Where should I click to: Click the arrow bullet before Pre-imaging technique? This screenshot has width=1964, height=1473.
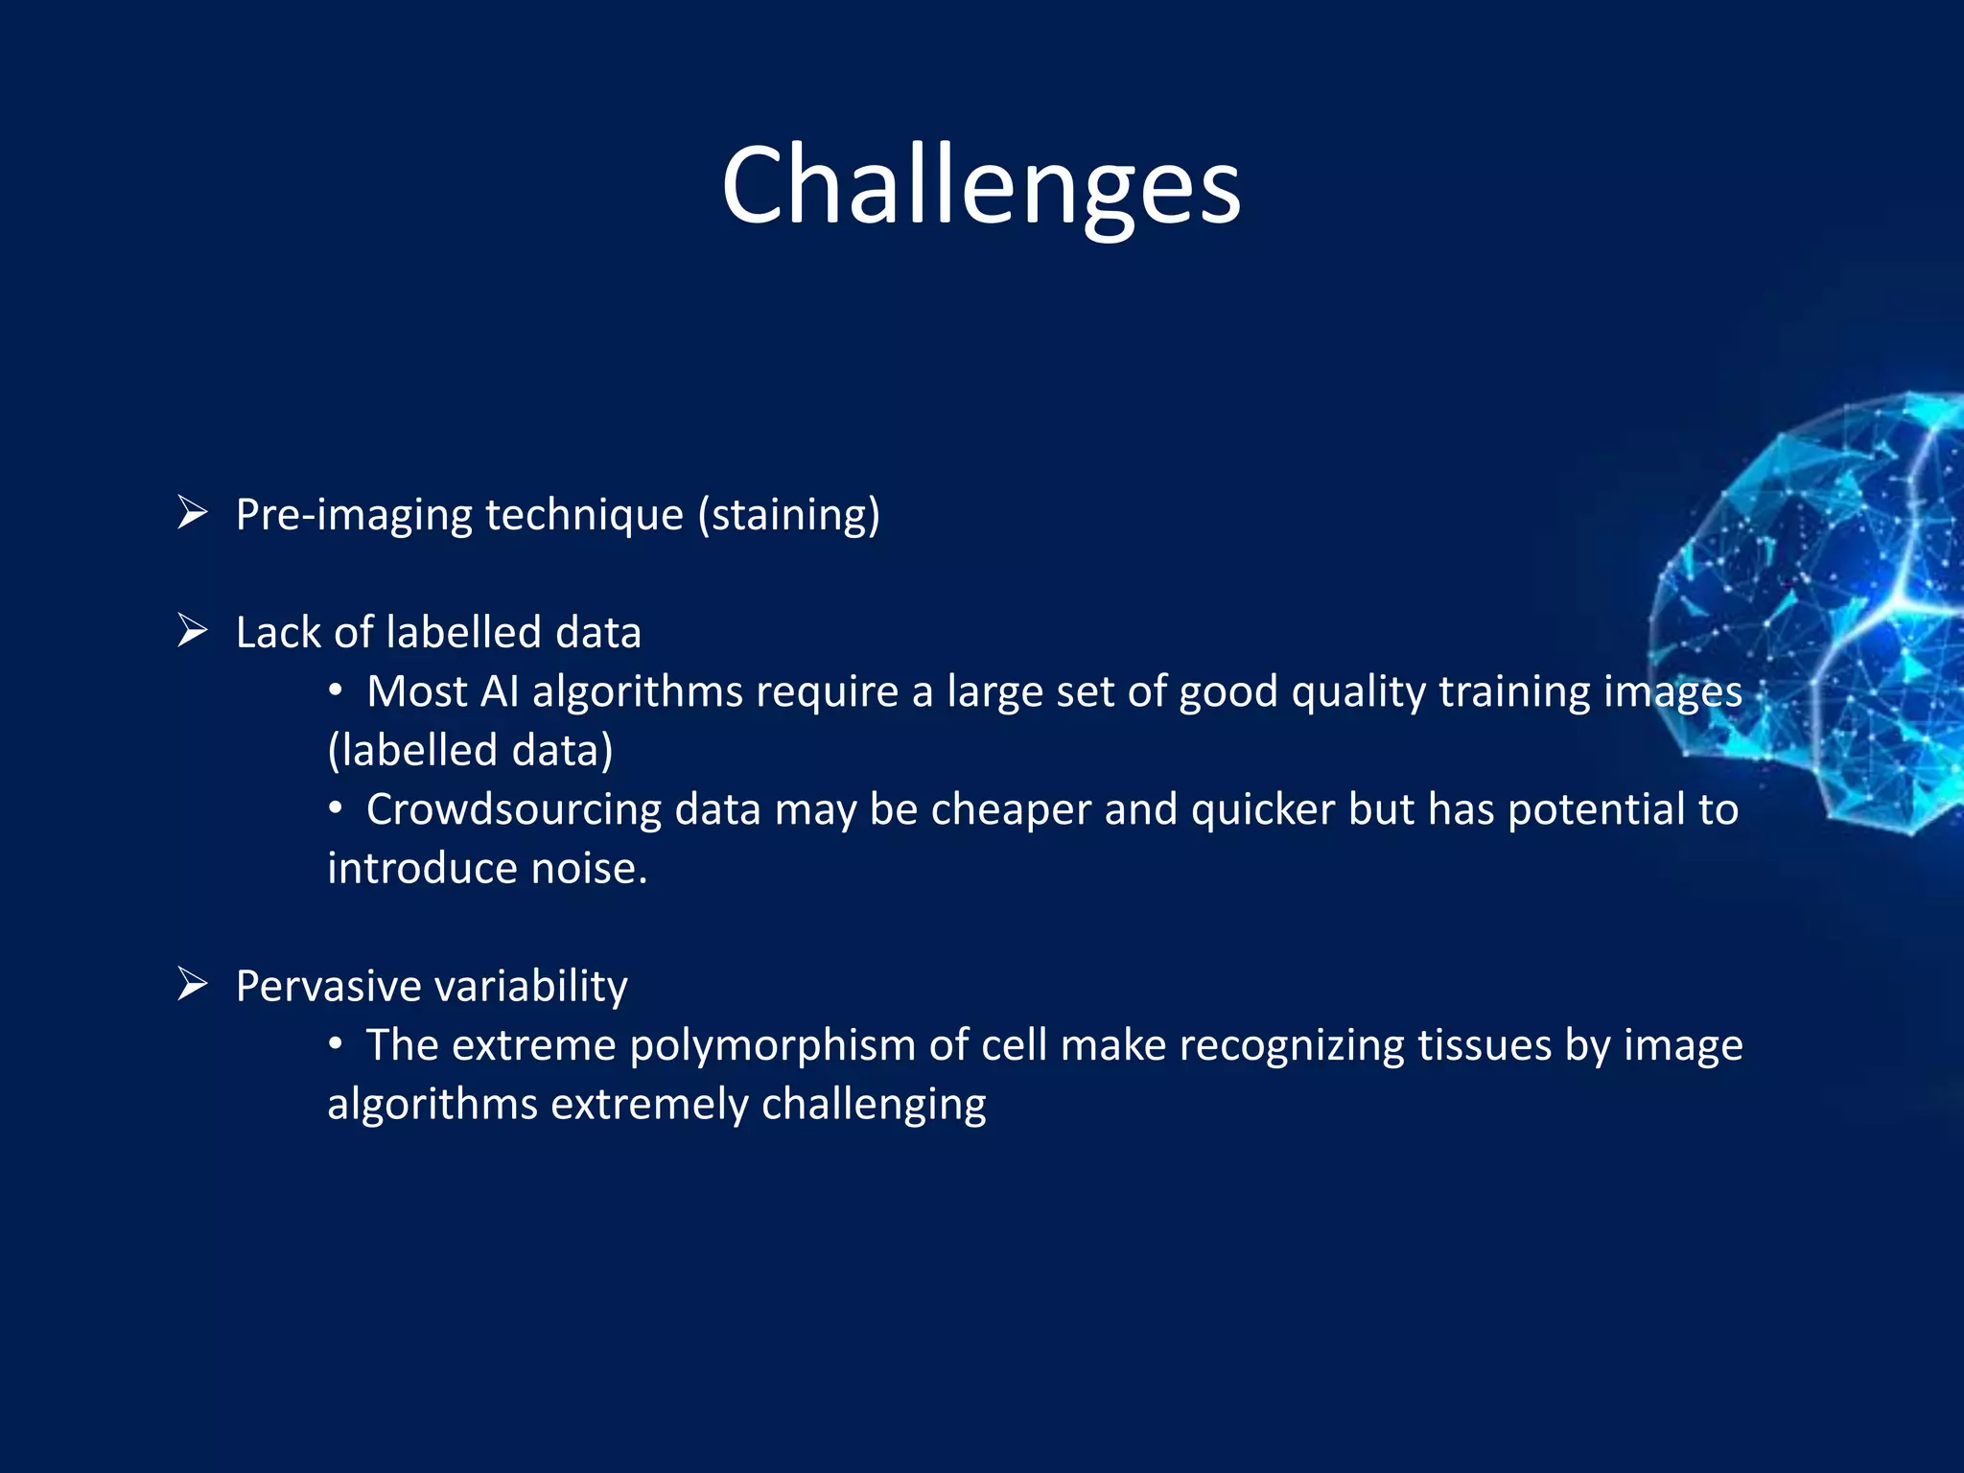coord(193,514)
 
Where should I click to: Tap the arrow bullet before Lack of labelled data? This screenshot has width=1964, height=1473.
coord(193,631)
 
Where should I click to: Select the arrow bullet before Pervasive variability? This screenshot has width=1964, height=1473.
coord(193,985)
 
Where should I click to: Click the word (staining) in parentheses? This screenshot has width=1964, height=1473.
coord(788,515)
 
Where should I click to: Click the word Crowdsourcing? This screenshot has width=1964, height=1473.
coord(513,809)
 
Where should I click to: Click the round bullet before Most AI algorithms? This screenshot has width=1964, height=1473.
coord(335,691)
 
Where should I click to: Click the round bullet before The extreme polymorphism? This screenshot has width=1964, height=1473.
coord(335,1044)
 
